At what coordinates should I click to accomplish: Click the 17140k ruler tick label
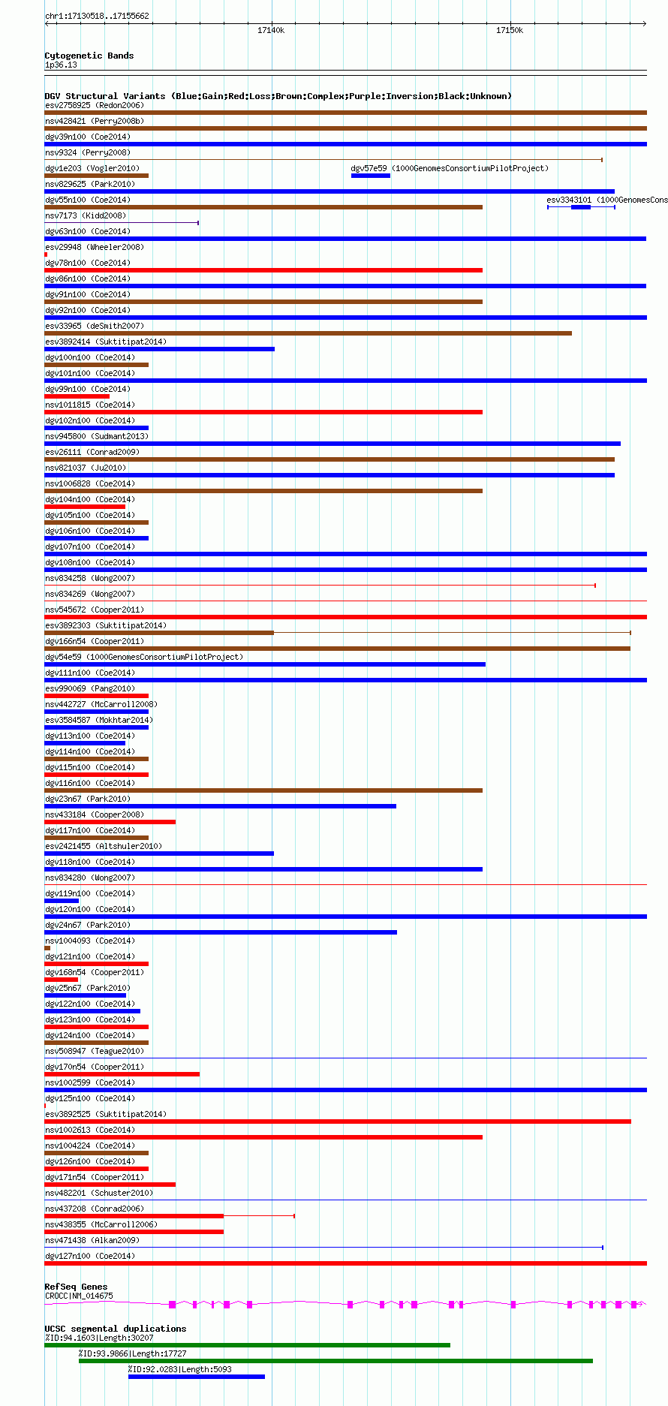271,30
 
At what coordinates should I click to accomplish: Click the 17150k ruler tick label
510,30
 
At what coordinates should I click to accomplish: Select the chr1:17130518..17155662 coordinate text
97,16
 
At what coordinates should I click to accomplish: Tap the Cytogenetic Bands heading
89,56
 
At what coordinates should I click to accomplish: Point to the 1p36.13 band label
61,65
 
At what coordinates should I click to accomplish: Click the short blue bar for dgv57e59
371,176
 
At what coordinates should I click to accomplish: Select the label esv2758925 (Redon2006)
95,105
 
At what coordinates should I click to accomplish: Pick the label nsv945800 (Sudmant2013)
97,436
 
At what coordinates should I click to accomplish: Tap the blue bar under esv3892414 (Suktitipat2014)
159,349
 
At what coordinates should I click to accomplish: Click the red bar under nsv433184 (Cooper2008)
110,822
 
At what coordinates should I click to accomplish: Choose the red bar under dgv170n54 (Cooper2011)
122,1074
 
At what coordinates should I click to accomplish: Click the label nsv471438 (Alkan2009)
92,1240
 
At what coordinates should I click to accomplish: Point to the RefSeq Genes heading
76,1287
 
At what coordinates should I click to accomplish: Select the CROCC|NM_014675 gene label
79,1296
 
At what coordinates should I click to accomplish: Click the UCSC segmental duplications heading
115,1329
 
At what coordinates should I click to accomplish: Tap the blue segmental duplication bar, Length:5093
197,1377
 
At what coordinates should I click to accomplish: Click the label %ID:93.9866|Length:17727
133,1353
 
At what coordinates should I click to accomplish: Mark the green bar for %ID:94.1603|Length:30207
247,1345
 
